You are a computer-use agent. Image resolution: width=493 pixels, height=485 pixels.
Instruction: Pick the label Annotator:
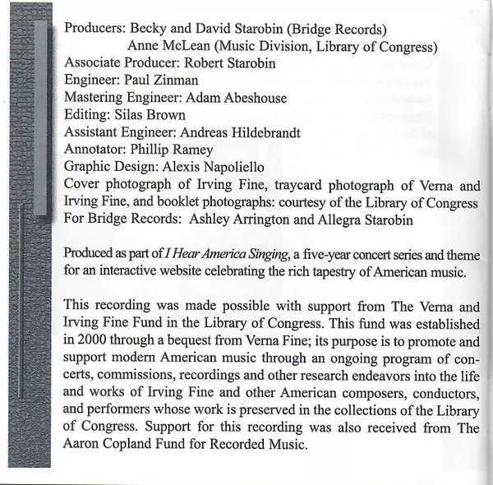coord(97,150)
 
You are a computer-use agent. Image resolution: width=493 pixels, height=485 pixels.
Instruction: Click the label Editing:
coord(87,115)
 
